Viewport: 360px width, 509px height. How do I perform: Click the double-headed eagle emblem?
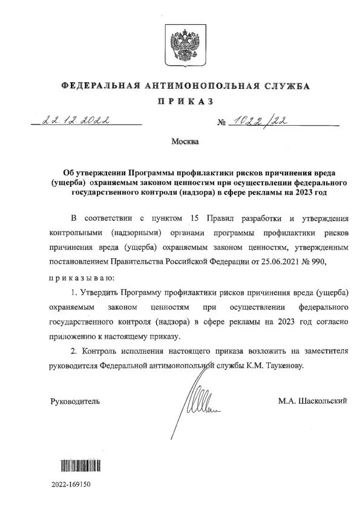pos(180,45)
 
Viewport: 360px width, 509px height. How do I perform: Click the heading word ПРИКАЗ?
pos(180,102)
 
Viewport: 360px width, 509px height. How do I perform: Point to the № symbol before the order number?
pos(221,123)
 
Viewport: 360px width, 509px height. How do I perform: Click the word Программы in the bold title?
pos(159,173)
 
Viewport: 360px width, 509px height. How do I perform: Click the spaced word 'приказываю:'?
pos(80,277)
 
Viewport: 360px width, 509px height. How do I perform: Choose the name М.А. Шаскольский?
pos(313,401)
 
